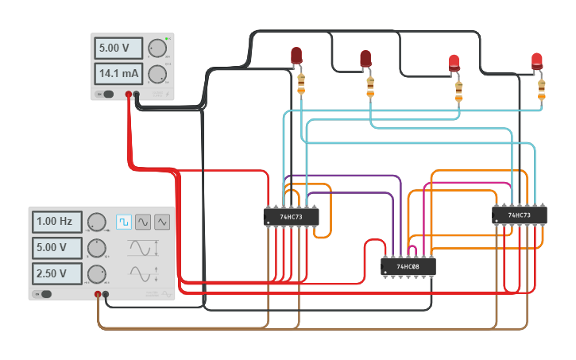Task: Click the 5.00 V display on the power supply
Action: pos(118,48)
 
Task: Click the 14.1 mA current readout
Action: pos(118,75)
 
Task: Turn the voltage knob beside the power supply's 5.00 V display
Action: pos(157,48)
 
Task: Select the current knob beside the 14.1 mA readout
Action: pos(157,75)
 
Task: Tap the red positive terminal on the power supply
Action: pos(128,95)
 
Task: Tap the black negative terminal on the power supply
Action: pos(137,95)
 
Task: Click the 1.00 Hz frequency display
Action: pos(56,221)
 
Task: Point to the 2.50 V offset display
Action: pos(56,274)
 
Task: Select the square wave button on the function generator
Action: pos(124,222)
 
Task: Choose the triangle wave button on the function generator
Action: pos(162,222)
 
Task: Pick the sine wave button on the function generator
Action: pos(143,222)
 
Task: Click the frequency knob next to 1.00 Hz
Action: pos(96,222)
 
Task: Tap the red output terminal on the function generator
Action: pos(98,294)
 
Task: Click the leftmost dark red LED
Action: pos(296,55)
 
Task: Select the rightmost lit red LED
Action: pos(537,60)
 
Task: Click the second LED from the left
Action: pos(365,58)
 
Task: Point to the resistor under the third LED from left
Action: pos(458,91)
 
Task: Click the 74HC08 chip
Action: pos(408,266)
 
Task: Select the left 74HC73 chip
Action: pos(291,217)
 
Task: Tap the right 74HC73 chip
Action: pos(520,215)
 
